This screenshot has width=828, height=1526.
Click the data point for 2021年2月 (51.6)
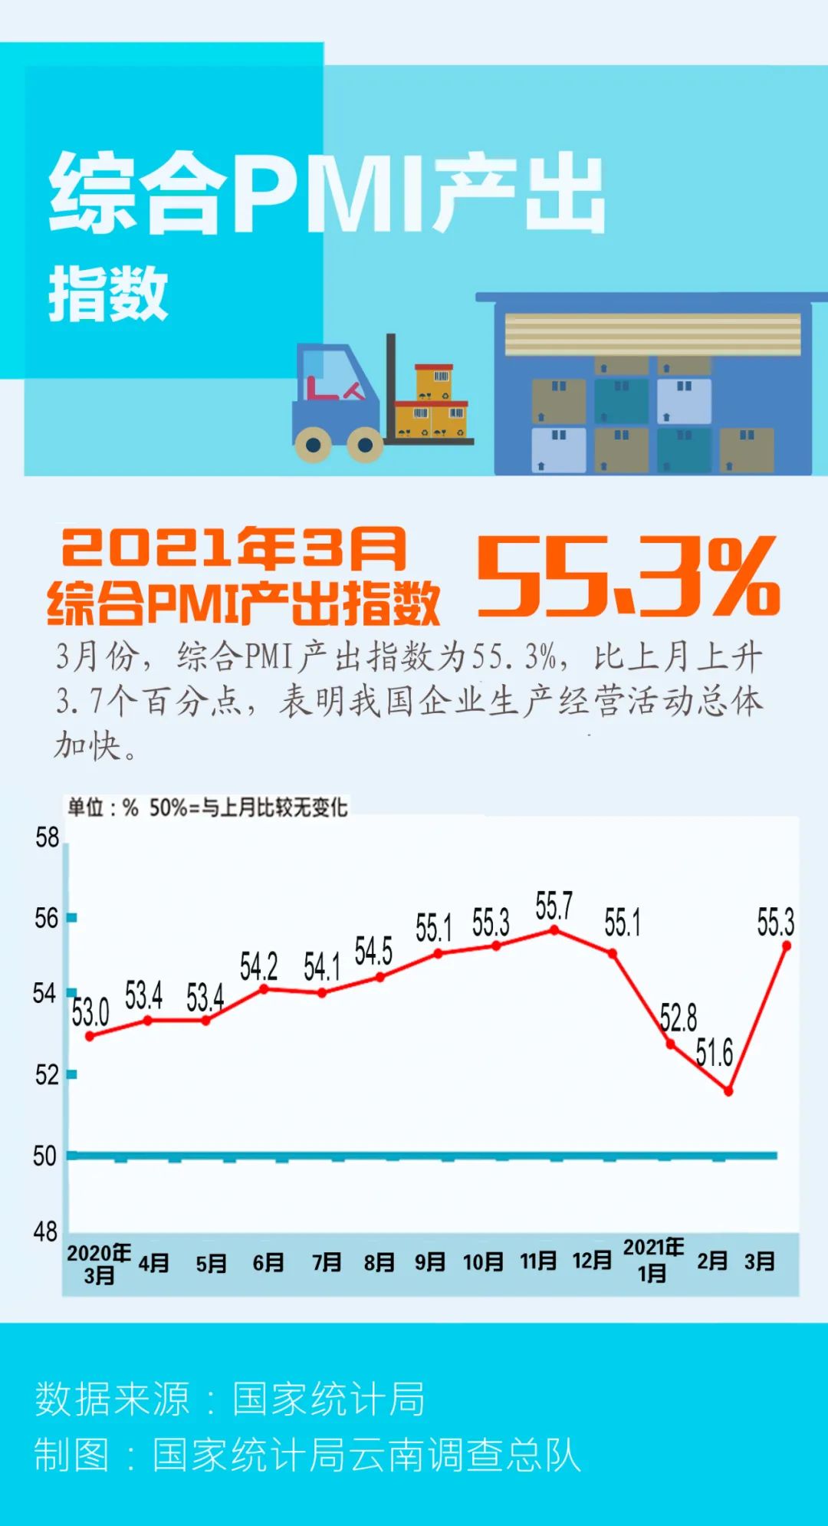(x=728, y=1090)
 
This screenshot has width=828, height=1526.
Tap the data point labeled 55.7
(x=554, y=930)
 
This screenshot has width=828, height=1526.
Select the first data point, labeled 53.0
(x=90, y=1036)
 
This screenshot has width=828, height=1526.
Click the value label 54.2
(x=258, y=967)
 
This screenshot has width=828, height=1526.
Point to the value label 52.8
(x=678, y=1018)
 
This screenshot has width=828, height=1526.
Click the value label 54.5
(x=373, y=952)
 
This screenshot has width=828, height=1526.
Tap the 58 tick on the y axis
(x=47, y=838)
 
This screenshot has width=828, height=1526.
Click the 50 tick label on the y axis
(x=44, y=1156)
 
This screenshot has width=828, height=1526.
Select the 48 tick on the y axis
(x=45, y=1232)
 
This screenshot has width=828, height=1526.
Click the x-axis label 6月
(x=268, y=1262)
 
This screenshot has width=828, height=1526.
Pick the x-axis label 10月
(x=483, y=1261)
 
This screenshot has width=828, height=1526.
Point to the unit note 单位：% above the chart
(x=103, y=807)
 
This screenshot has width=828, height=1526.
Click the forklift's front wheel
(x=365, y=444)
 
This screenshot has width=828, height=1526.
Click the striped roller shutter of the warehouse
(x=652, y=334)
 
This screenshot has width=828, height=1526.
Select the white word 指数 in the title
(x=108, y=294)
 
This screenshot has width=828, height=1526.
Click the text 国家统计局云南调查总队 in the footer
(x=366, y=1455)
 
